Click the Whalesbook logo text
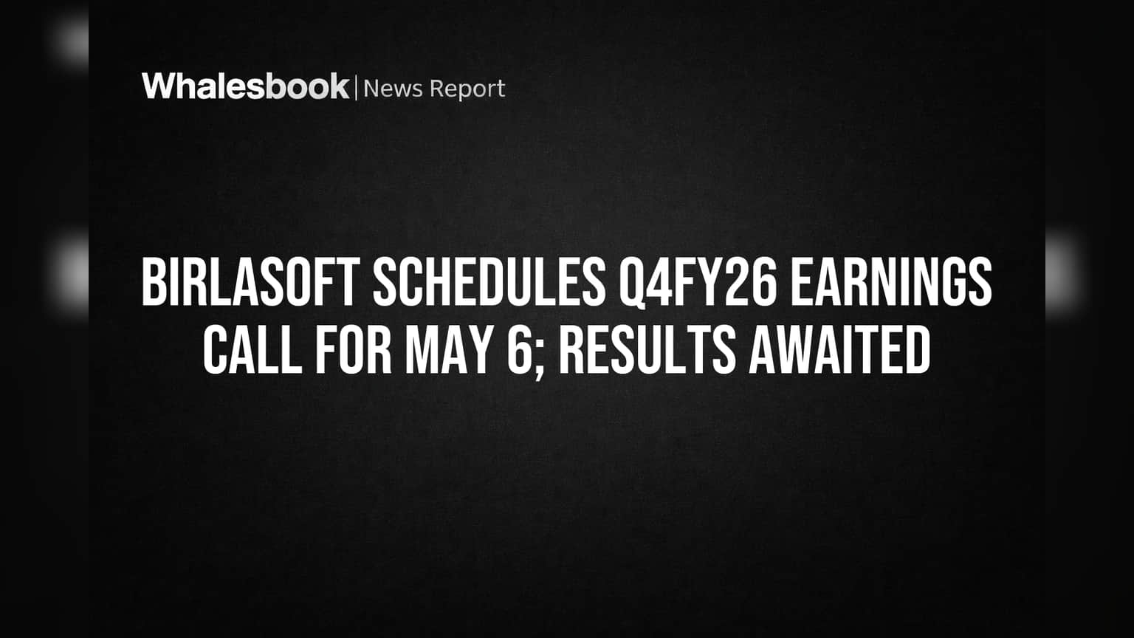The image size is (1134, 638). [x=246, y=86]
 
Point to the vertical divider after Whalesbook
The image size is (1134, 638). [x=357, y=88]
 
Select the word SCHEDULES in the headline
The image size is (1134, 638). [x=489, y=281]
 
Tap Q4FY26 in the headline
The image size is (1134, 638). [x=698, y=283]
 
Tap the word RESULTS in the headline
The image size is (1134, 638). [x=647, y=350]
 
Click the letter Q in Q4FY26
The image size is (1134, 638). [x=631, y=284]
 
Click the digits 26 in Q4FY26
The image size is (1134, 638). [x=753, y=281]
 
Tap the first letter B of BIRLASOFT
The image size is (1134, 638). [x=153, y=281]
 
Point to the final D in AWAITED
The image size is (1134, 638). [x=919, y=350]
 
